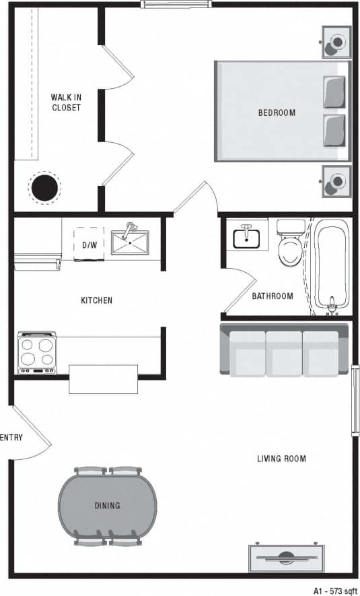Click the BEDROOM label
coord(277,112)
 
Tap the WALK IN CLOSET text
coord(66,102)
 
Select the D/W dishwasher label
coord(89,245)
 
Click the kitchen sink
coord(131,241)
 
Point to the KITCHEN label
coord(97,300)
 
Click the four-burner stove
coord(37,352)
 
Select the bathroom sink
coord(247,236)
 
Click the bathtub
coord(332,266)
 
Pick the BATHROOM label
coord(273,296)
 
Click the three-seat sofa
coord(284,350)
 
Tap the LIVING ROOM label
coord(281,459)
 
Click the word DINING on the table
coord(107,506)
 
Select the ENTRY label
coord(11,438)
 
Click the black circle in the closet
coord(44,188)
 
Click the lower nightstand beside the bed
coord(336,180)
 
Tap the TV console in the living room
coord(286,557)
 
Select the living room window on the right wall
coord(355,401)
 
